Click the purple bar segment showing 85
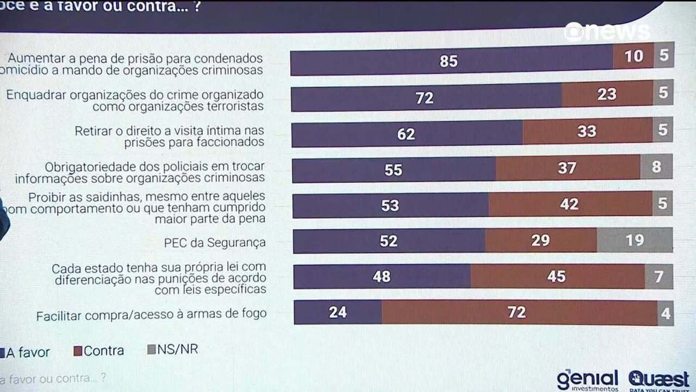[451, 60]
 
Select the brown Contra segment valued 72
[519, 312]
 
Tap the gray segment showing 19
[635, 240]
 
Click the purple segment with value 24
[338, 313]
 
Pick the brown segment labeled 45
[557, 277]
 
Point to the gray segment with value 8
[656, 167]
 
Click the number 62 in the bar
[406, 134]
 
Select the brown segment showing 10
[633, 56]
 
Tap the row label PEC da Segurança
[215, 243]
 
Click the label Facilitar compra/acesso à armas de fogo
[151, 314]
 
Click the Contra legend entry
[99, 351]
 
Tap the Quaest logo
[658, 379]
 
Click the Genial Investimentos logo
[587, 380]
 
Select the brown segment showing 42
[570, 204]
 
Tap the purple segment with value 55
[394, 170]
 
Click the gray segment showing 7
[658, 277]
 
